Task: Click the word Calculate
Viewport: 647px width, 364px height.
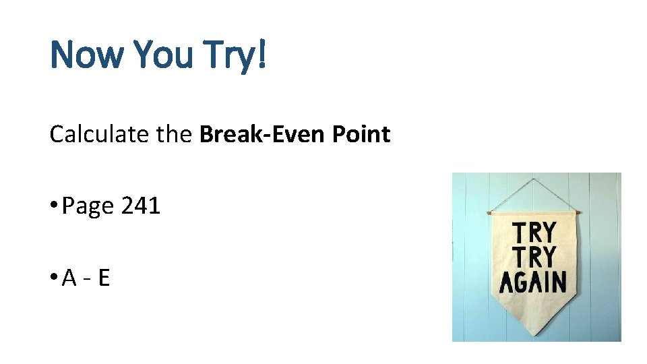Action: [99, 135]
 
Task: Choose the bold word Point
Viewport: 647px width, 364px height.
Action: [361, 135]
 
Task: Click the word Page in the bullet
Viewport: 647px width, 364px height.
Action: [88, 206]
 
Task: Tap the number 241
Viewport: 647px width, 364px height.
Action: [141, 206]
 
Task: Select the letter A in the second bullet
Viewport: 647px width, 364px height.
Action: [69, 278]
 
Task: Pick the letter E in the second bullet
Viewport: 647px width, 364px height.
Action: [103, 278]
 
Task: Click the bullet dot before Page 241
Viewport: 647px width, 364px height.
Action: [53, 206]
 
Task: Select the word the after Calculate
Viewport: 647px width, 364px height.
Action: [175, 135]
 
